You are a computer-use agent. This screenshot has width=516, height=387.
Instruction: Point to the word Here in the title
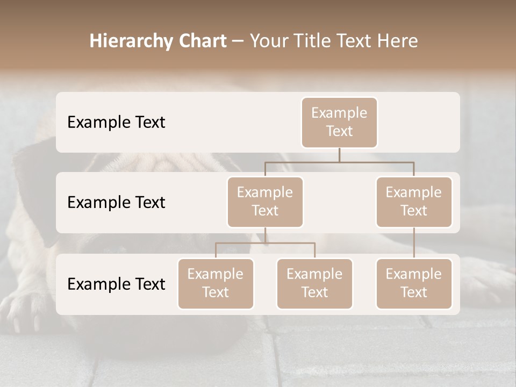click(x=399, y=41)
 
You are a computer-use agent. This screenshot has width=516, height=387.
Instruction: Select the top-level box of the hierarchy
click(x=339, y=122)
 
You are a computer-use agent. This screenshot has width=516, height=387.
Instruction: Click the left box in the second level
click(x=265, y=202)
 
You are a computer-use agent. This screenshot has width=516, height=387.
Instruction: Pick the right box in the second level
click(x=414, y=202)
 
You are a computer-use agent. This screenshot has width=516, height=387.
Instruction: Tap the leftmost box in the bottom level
click(x=216, y=283)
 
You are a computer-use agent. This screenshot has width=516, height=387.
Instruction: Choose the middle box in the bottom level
click(x=314, y=283)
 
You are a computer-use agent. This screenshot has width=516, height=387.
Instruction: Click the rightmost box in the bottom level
click(x=414, y=283)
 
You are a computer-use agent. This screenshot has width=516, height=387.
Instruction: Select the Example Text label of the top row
click(x=116, y=123)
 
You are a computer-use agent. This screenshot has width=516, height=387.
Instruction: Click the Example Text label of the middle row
click(x=116, y=203)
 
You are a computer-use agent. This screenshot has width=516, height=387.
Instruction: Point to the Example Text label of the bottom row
click(x=116, y=284)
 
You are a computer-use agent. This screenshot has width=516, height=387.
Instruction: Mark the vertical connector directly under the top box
click(x=339, y=155)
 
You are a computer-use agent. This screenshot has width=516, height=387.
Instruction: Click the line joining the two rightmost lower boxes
click(x=414, y=243)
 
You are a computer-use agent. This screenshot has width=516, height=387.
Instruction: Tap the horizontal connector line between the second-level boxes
click(x=339, y=162)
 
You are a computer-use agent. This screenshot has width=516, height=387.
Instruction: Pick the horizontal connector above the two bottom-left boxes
click(x=265, y=243)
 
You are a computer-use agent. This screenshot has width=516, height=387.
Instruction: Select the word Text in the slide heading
click(x=355, y=41)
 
